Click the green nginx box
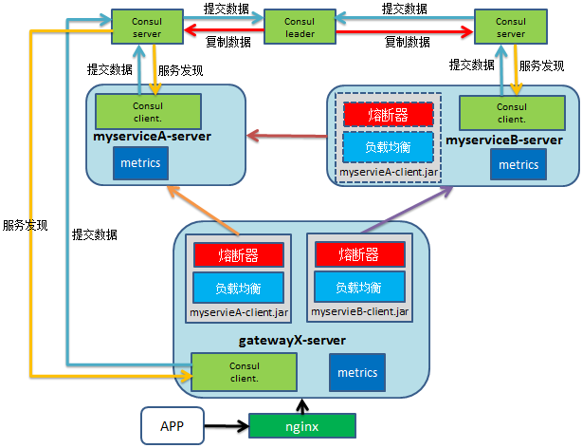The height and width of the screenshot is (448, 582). [302, 427]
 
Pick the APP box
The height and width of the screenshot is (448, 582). [172, 426]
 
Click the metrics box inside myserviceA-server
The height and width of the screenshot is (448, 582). [140, 163]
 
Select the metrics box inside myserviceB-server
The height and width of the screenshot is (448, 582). [518, 164]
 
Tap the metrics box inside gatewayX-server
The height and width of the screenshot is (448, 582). [357, 372]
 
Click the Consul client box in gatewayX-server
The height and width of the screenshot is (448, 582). [244, 371]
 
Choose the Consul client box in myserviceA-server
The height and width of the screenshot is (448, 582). [147, 110]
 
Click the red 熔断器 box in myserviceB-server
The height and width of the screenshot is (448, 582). [388, 114]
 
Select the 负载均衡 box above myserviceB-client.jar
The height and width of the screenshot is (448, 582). [359, 287]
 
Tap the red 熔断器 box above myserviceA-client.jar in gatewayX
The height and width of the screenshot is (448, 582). [238, 254]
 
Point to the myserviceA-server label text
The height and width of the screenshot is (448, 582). [153, 139]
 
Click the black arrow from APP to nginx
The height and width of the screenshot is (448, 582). [225, 427]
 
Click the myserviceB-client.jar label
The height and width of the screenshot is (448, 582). [359, 311]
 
